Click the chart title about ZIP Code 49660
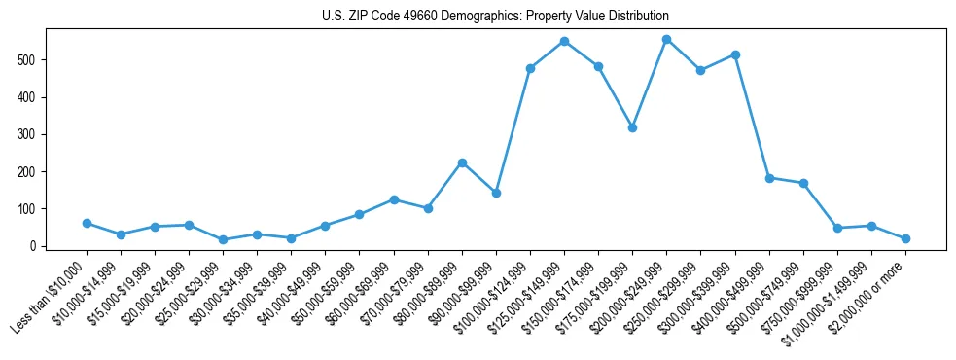click(x=495, y=17)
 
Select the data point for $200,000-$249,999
click(x=666, y=39)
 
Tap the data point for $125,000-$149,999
click(x=564, y=41)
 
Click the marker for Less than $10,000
click(x=87, y=223)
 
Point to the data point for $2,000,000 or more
click(x=905, y=238)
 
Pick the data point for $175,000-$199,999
click(x=632, y=127)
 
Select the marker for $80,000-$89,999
click(x=462, y=162)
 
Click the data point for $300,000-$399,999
click(x=735, y=54)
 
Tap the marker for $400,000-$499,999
click(x=769, y=178)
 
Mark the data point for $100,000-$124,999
click(x=530, y=68)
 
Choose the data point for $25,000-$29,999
click(x=223, y=239)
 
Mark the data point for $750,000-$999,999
click(x=837, y=228)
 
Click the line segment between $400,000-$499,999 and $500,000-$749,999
click(x=786, y=181)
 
